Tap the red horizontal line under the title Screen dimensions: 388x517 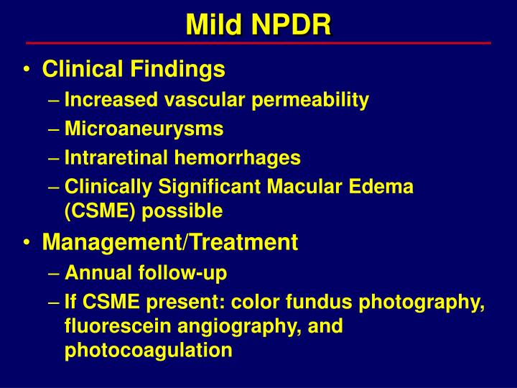coord(258,43)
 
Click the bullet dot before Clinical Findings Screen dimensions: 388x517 coord(27,70)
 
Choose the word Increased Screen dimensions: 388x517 coord(103,101)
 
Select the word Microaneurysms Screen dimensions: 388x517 coord(144,129)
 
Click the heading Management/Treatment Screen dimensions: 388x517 coord(169,243)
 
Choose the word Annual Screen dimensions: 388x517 coord(93,273)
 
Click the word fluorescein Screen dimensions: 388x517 coord(116,326)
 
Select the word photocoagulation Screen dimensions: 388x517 coord(148,351)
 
